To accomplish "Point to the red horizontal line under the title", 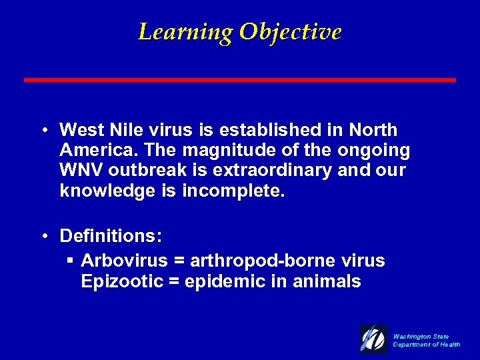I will (x=240, y=80).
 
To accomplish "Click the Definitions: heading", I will (x=111, y=236).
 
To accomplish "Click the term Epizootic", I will (x=122, y=281).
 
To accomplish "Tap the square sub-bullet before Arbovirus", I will (x=69, y=260).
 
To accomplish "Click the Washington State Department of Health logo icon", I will (x=374, y=339).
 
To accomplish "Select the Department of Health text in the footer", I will (x=427, y=345).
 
